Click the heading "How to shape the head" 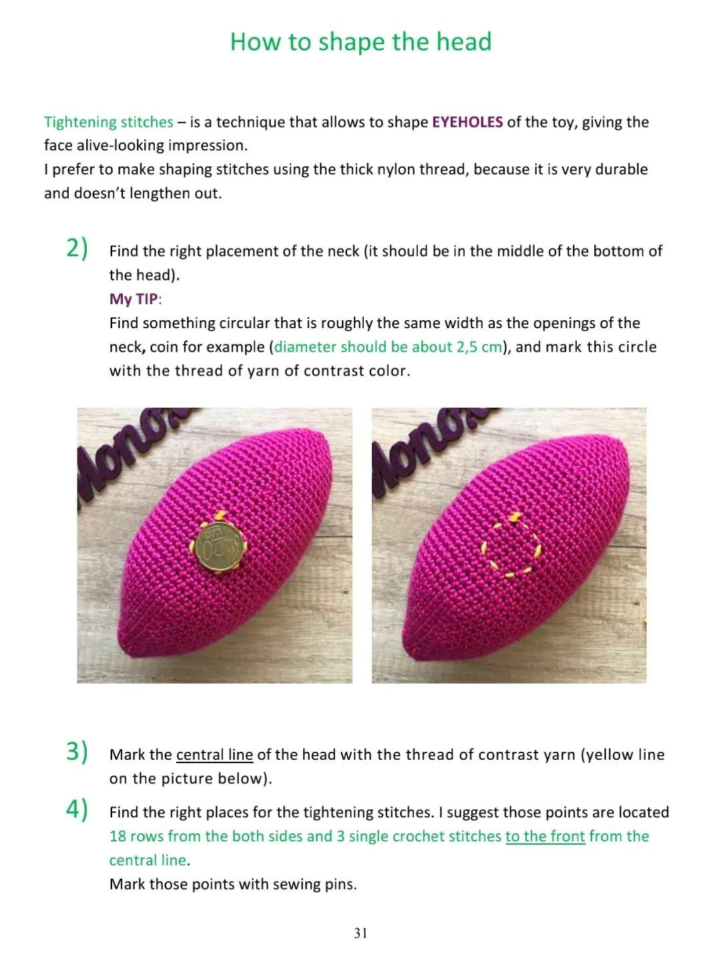click(360, 42)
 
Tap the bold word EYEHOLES click(467, 122)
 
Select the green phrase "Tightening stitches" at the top click(109, 122)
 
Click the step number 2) click(77, 249)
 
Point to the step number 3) click(77, 752)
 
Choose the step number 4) click(77, 809)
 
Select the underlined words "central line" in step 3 click(214, 755)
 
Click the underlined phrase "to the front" click(545, 837)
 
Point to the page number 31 click(360, 933)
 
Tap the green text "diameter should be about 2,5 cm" click(387, 347)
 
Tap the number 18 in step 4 click(117, 837)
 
